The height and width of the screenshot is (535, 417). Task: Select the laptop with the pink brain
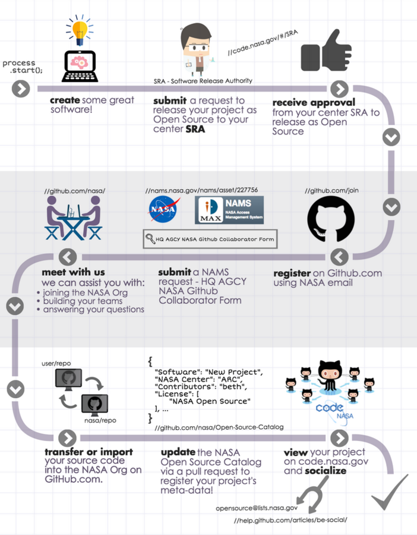point(80,65)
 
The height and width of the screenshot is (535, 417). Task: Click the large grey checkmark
point(390,493)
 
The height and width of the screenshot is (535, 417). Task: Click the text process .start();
point(20,67)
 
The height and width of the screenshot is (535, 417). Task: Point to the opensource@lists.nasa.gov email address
point(257,508)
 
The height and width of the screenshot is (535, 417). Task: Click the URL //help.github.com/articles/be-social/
point(290,520)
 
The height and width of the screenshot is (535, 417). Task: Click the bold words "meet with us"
point(65,272)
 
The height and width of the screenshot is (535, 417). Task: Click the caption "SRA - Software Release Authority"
point(203,81)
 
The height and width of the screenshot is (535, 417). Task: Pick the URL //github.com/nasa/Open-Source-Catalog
point(219,427)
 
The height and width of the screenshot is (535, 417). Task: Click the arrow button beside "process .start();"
point(21,89)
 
